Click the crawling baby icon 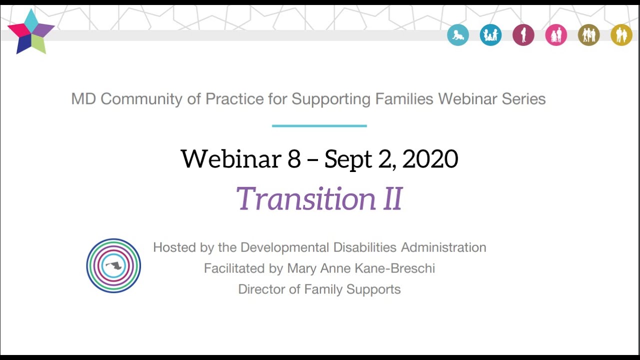458,35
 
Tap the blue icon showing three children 490,35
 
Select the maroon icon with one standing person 523,35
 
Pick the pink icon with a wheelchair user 556,35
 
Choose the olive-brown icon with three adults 588,35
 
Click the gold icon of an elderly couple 621,35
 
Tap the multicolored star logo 31,31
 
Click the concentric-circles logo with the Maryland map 113,265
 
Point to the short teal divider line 319,126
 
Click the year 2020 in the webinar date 430,159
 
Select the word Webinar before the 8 230,159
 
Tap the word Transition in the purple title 305,198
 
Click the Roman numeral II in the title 392,198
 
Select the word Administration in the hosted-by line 443,247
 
